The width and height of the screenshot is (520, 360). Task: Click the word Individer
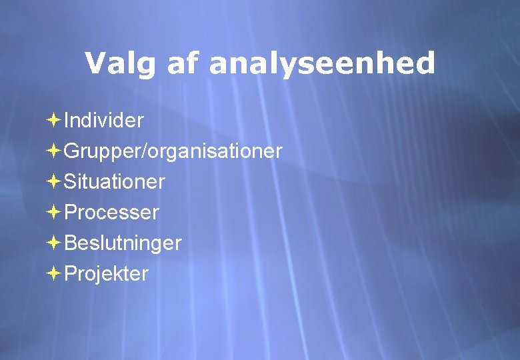pos(103,121)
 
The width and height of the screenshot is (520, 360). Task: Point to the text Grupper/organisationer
pos(173,151)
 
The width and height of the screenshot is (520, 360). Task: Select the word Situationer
pos(114,181)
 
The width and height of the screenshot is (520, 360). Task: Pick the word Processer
pos(111,213)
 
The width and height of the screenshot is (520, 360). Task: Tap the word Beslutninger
pos(123,243)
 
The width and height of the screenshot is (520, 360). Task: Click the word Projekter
pos(106,274)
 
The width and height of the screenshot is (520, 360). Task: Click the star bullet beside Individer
pos(54,120)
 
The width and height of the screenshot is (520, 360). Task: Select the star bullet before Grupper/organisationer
pos(54,151)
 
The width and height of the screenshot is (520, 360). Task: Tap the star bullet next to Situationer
pos(54,181)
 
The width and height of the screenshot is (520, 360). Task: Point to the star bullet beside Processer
pos(54,212)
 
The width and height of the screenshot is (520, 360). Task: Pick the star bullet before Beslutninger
pos(54,243)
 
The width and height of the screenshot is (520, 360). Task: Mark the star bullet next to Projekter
pos(54,273)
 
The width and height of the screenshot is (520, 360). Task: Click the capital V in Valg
pos(95,63)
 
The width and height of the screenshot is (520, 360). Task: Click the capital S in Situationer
pos(70,181)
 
